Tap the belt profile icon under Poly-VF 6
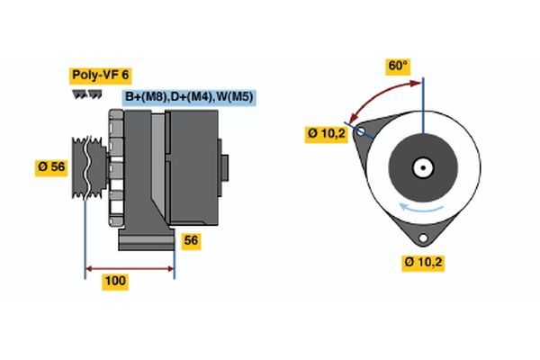tap(87, 94)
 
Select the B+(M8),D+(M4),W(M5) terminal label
tap(188, 95)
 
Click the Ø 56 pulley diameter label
tap(52, 166)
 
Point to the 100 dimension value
tap(114, 281)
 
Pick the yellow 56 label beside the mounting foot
tap(190, 240)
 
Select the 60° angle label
tap(397, 66)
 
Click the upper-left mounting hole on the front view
tap(362, 131)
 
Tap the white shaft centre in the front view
tap(422, 167)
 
